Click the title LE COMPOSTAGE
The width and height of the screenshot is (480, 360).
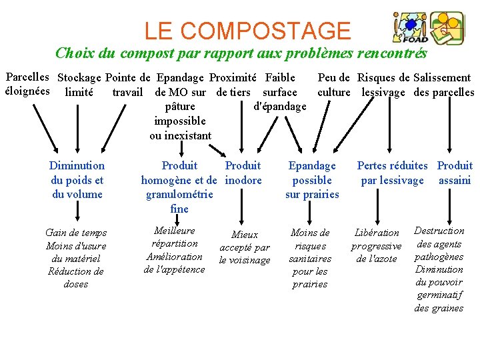247,31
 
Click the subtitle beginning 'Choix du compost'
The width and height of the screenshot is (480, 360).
241,53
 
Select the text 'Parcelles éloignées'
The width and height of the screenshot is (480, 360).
27,85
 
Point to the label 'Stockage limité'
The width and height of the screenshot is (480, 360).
79,85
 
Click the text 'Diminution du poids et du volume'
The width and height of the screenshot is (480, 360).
77,179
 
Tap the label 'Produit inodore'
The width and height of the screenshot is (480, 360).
243,172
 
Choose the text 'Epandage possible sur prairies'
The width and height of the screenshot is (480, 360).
312,179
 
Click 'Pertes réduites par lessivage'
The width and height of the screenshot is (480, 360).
392,172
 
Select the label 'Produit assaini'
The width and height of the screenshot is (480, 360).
455,172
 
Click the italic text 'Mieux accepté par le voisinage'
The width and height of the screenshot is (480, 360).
245,247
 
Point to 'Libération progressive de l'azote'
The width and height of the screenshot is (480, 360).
377,245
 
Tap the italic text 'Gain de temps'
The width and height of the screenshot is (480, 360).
76,233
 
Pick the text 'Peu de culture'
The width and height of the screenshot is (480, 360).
334,85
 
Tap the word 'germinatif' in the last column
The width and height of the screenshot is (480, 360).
439,295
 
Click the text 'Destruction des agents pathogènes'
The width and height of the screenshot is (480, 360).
439,243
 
